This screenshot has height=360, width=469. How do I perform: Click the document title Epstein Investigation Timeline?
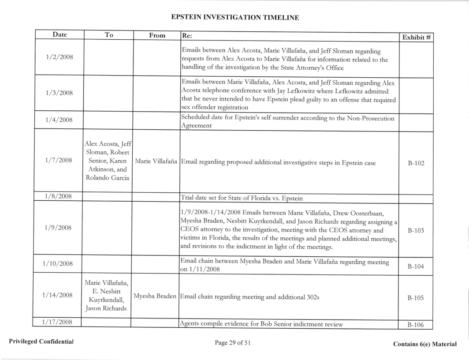[x=234, y=17]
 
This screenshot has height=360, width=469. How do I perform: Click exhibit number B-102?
[x=415, y=163]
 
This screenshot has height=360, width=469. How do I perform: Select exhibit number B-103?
[x=415, y=231]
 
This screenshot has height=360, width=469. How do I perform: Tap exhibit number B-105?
[x=415, y=297]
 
